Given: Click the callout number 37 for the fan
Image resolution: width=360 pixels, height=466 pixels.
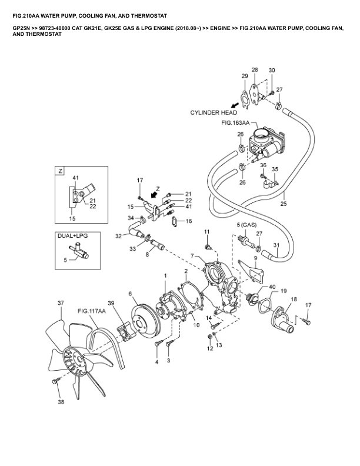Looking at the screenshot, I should click(60, 304).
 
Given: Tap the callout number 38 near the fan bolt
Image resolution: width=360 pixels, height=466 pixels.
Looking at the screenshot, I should click(60, 402).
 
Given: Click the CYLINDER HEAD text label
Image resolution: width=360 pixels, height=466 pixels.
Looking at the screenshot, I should click(214, 112).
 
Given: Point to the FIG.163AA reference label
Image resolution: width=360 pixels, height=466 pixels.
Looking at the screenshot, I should click(235, 124).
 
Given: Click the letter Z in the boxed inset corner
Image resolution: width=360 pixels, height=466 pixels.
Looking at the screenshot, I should click(59, 171).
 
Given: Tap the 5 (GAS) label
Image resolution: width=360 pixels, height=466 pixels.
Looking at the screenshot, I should click(246, 225).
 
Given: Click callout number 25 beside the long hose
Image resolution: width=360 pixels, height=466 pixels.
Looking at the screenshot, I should click(284, 204).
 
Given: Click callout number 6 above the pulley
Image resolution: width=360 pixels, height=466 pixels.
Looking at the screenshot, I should click(130, 294).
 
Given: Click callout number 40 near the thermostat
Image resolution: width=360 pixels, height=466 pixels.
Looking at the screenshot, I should click(255, 287).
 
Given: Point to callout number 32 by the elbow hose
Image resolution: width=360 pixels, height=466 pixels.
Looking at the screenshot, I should click(118, 236).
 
